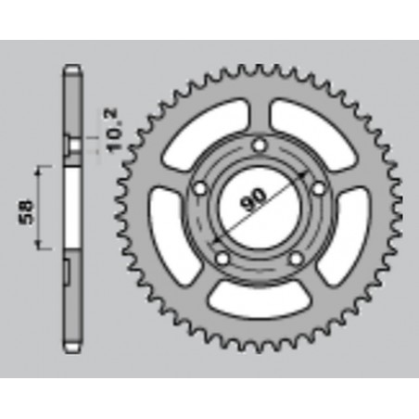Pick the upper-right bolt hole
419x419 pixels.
[x=318, y=190]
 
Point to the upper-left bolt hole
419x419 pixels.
[x=198, y=190]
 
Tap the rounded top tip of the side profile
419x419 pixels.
[x=70, y=70]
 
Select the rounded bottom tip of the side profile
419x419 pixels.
[x=70, y=349]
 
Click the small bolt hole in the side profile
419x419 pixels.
[x=70, y=144]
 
